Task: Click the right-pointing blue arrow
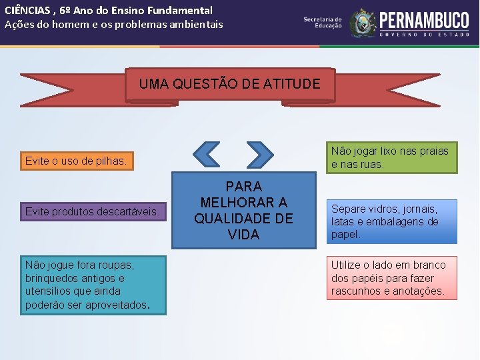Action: pyautogui.click(x=259, y=154)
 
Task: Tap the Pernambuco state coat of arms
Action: pyautogui.click(x=363, y=23)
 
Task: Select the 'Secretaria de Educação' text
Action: pyautogui.click(x=323, y=23)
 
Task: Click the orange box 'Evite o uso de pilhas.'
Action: pyautogui.click(x=75, y=161)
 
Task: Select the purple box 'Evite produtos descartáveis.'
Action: pyautogui.click(x=92, y=211)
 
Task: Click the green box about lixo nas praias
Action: pyautogui.click(x=391, y=157)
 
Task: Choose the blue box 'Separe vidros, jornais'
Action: pyautogui.click(x=391, y=221)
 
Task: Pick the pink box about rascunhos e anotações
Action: pyautogui.click(x=391, y=278)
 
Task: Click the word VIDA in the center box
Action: pyautogui.click(x=243, y=235)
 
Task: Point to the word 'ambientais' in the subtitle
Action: pyautogui.click(x=197, y=25)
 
